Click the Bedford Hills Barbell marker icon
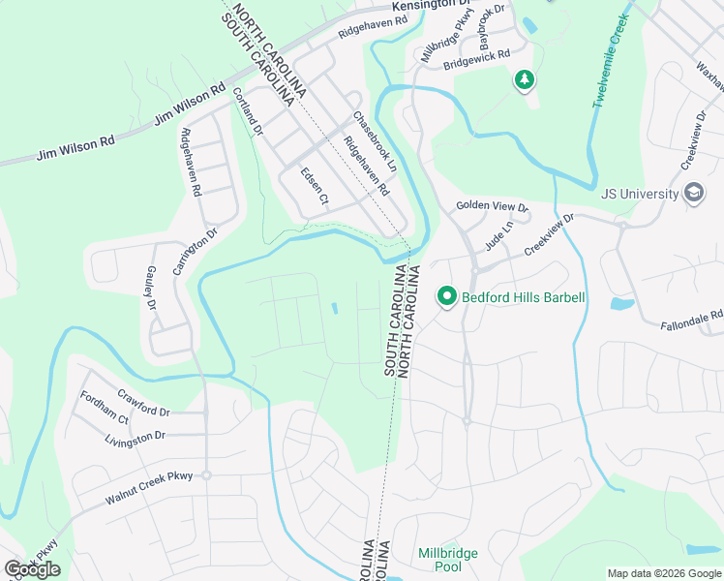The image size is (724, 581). [446, 296]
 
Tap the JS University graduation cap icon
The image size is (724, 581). [693, 194]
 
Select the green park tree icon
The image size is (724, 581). [524, 79]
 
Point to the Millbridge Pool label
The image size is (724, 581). [447, 560]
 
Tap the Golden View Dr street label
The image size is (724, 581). [493, 207]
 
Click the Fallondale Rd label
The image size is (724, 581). [691, 321]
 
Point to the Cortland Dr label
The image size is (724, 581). [247, 109]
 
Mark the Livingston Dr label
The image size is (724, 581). [135, 439]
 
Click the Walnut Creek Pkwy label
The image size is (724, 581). [149, 487]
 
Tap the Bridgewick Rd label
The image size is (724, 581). [476, 59]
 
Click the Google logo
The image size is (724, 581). [32, 569]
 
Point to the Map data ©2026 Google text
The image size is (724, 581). [663, 573]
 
